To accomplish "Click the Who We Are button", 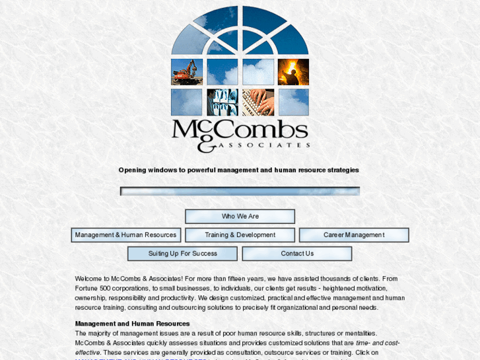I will click(240, 217).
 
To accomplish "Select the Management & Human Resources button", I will click(126, 235).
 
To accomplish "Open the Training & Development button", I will click(240, 235).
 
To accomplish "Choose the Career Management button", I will click(354, 235).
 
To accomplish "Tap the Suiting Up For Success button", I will click(182, 254).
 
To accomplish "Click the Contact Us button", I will click(297, 254).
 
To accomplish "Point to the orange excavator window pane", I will click(187, 72).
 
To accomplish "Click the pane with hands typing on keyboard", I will click(258, 102).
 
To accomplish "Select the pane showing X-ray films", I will click(223, 102).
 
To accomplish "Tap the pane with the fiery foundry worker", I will click(293, 72).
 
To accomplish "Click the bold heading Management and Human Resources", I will click(132, 324).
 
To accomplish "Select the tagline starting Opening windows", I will click(239, 170).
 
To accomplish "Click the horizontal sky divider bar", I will click(240, 192).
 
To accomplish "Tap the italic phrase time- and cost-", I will click(378, 343).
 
